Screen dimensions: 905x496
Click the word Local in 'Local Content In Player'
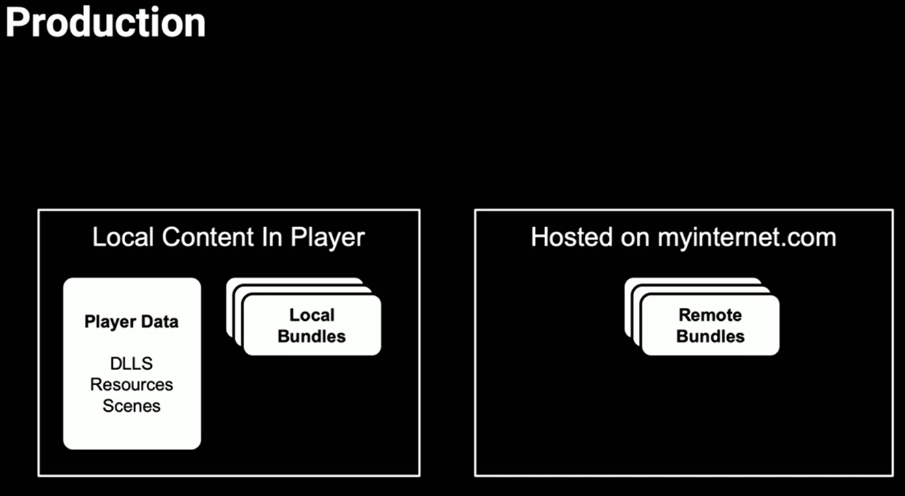coord(123,237)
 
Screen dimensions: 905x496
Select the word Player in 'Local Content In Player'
coord(328,237)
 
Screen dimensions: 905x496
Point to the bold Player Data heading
coord(131,322)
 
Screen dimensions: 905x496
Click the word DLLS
coord(131,363)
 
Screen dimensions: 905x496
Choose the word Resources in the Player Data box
coord(131,384)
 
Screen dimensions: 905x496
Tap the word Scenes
coord(131,406)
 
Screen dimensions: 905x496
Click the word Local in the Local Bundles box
coord(312,315)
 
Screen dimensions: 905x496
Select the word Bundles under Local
coord(312,337)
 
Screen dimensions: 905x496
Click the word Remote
coord(710,315)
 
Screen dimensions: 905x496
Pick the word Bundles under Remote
coord(710,337)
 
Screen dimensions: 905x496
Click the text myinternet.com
coord(747,237)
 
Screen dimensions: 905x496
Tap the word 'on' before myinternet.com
coord(635,237)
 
